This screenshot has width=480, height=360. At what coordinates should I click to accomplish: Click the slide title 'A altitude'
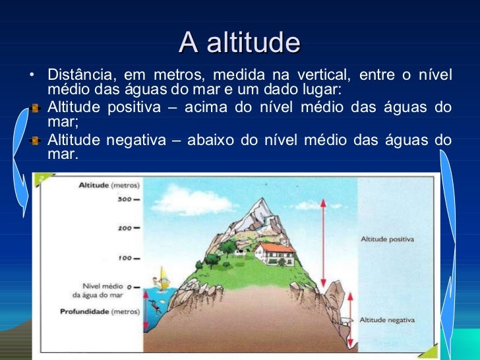point(239,44)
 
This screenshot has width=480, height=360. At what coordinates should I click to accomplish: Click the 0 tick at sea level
point(130,287)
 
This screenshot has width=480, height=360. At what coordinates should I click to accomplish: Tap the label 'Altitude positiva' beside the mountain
point(387,239)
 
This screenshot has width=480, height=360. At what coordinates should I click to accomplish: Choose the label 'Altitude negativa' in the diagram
point(387,320)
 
